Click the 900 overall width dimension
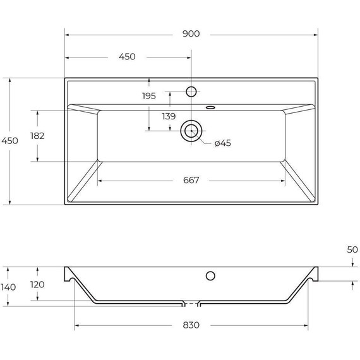191,34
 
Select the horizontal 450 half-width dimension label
127,57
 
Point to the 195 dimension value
148,96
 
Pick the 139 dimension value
169,116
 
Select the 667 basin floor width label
191,181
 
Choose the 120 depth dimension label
37,285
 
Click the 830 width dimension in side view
191,325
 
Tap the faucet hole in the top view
191,92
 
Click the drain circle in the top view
191,131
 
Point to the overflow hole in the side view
210,275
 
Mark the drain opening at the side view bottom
191,303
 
